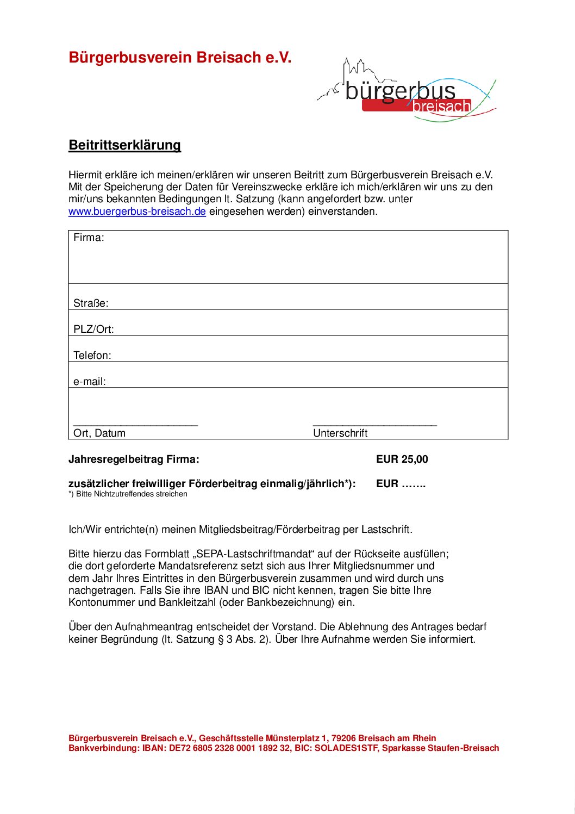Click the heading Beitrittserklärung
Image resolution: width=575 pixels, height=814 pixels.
click(x=124, y=145)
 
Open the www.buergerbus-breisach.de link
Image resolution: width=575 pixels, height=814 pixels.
click(x=137, y=212)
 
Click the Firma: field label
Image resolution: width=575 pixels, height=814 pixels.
click(x=89, y=238)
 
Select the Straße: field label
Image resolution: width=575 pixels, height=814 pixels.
click(x=91, y=303)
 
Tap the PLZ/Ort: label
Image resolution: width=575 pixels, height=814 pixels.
click(x=93, y=330)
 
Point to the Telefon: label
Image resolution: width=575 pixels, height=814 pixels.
click(x=92, y=356)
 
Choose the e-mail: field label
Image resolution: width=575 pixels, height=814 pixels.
click(x=90, y=382)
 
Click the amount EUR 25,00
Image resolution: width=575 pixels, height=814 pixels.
click(x=402, y=459)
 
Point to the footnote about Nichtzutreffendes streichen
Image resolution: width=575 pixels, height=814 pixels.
click(x=128, y=494)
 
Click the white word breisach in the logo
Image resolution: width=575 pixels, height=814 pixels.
click(x=441, y=106)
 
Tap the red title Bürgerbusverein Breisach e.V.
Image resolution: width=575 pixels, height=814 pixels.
click(x=180, y=58)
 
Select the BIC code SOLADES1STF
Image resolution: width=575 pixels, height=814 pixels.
click(x=346, y=748)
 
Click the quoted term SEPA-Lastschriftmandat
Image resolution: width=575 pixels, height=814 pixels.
click(x=253, y=554)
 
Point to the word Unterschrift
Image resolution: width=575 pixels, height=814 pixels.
click(x=340, y=433)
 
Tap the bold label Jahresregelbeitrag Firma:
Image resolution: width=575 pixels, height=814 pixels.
click(x=134, y=459)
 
